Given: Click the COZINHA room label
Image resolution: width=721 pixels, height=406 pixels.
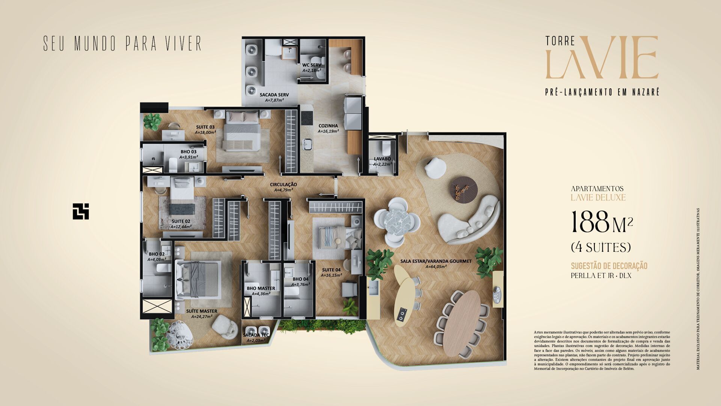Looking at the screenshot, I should tap(328, 126).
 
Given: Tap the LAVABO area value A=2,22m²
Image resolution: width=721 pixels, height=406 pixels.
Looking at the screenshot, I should tap(382, 164).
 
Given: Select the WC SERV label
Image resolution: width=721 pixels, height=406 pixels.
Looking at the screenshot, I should tap(311, 65).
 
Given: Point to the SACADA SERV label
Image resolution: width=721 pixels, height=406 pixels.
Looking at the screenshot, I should tap(274, 95).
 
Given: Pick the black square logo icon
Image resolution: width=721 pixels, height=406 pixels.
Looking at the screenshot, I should tap(81, 211).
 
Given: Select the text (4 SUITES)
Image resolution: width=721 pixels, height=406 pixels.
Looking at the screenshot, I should tap(600, 247).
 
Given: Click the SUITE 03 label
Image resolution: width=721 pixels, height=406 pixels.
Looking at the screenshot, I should tap(205, 127).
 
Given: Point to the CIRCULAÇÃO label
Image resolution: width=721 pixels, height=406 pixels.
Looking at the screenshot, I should tap(283, 185).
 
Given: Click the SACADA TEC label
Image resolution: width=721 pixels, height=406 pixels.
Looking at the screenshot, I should tap(256, 335).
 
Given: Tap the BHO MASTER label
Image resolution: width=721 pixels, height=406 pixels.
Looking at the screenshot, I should tap(261, 288).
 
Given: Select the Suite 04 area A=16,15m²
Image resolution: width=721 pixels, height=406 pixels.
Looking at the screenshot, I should tap(331, 275).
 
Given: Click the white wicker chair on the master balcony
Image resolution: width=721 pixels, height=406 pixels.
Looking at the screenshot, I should tap(179, 335).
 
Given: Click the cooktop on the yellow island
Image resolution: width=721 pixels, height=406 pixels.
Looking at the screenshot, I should tap(402, 314).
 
